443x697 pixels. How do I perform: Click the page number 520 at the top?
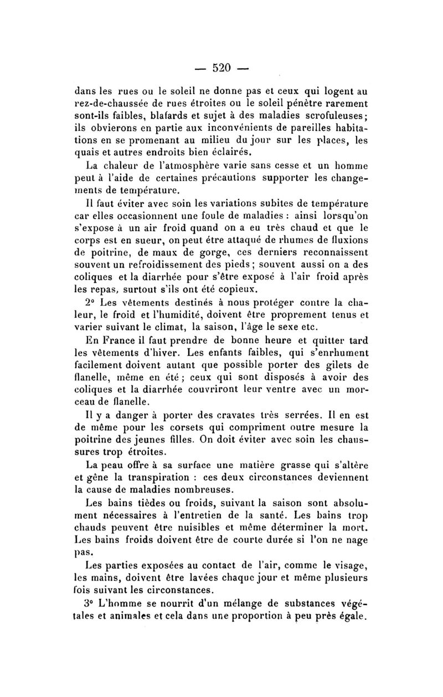(221, 68)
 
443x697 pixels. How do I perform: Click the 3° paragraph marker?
(92, 604)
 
